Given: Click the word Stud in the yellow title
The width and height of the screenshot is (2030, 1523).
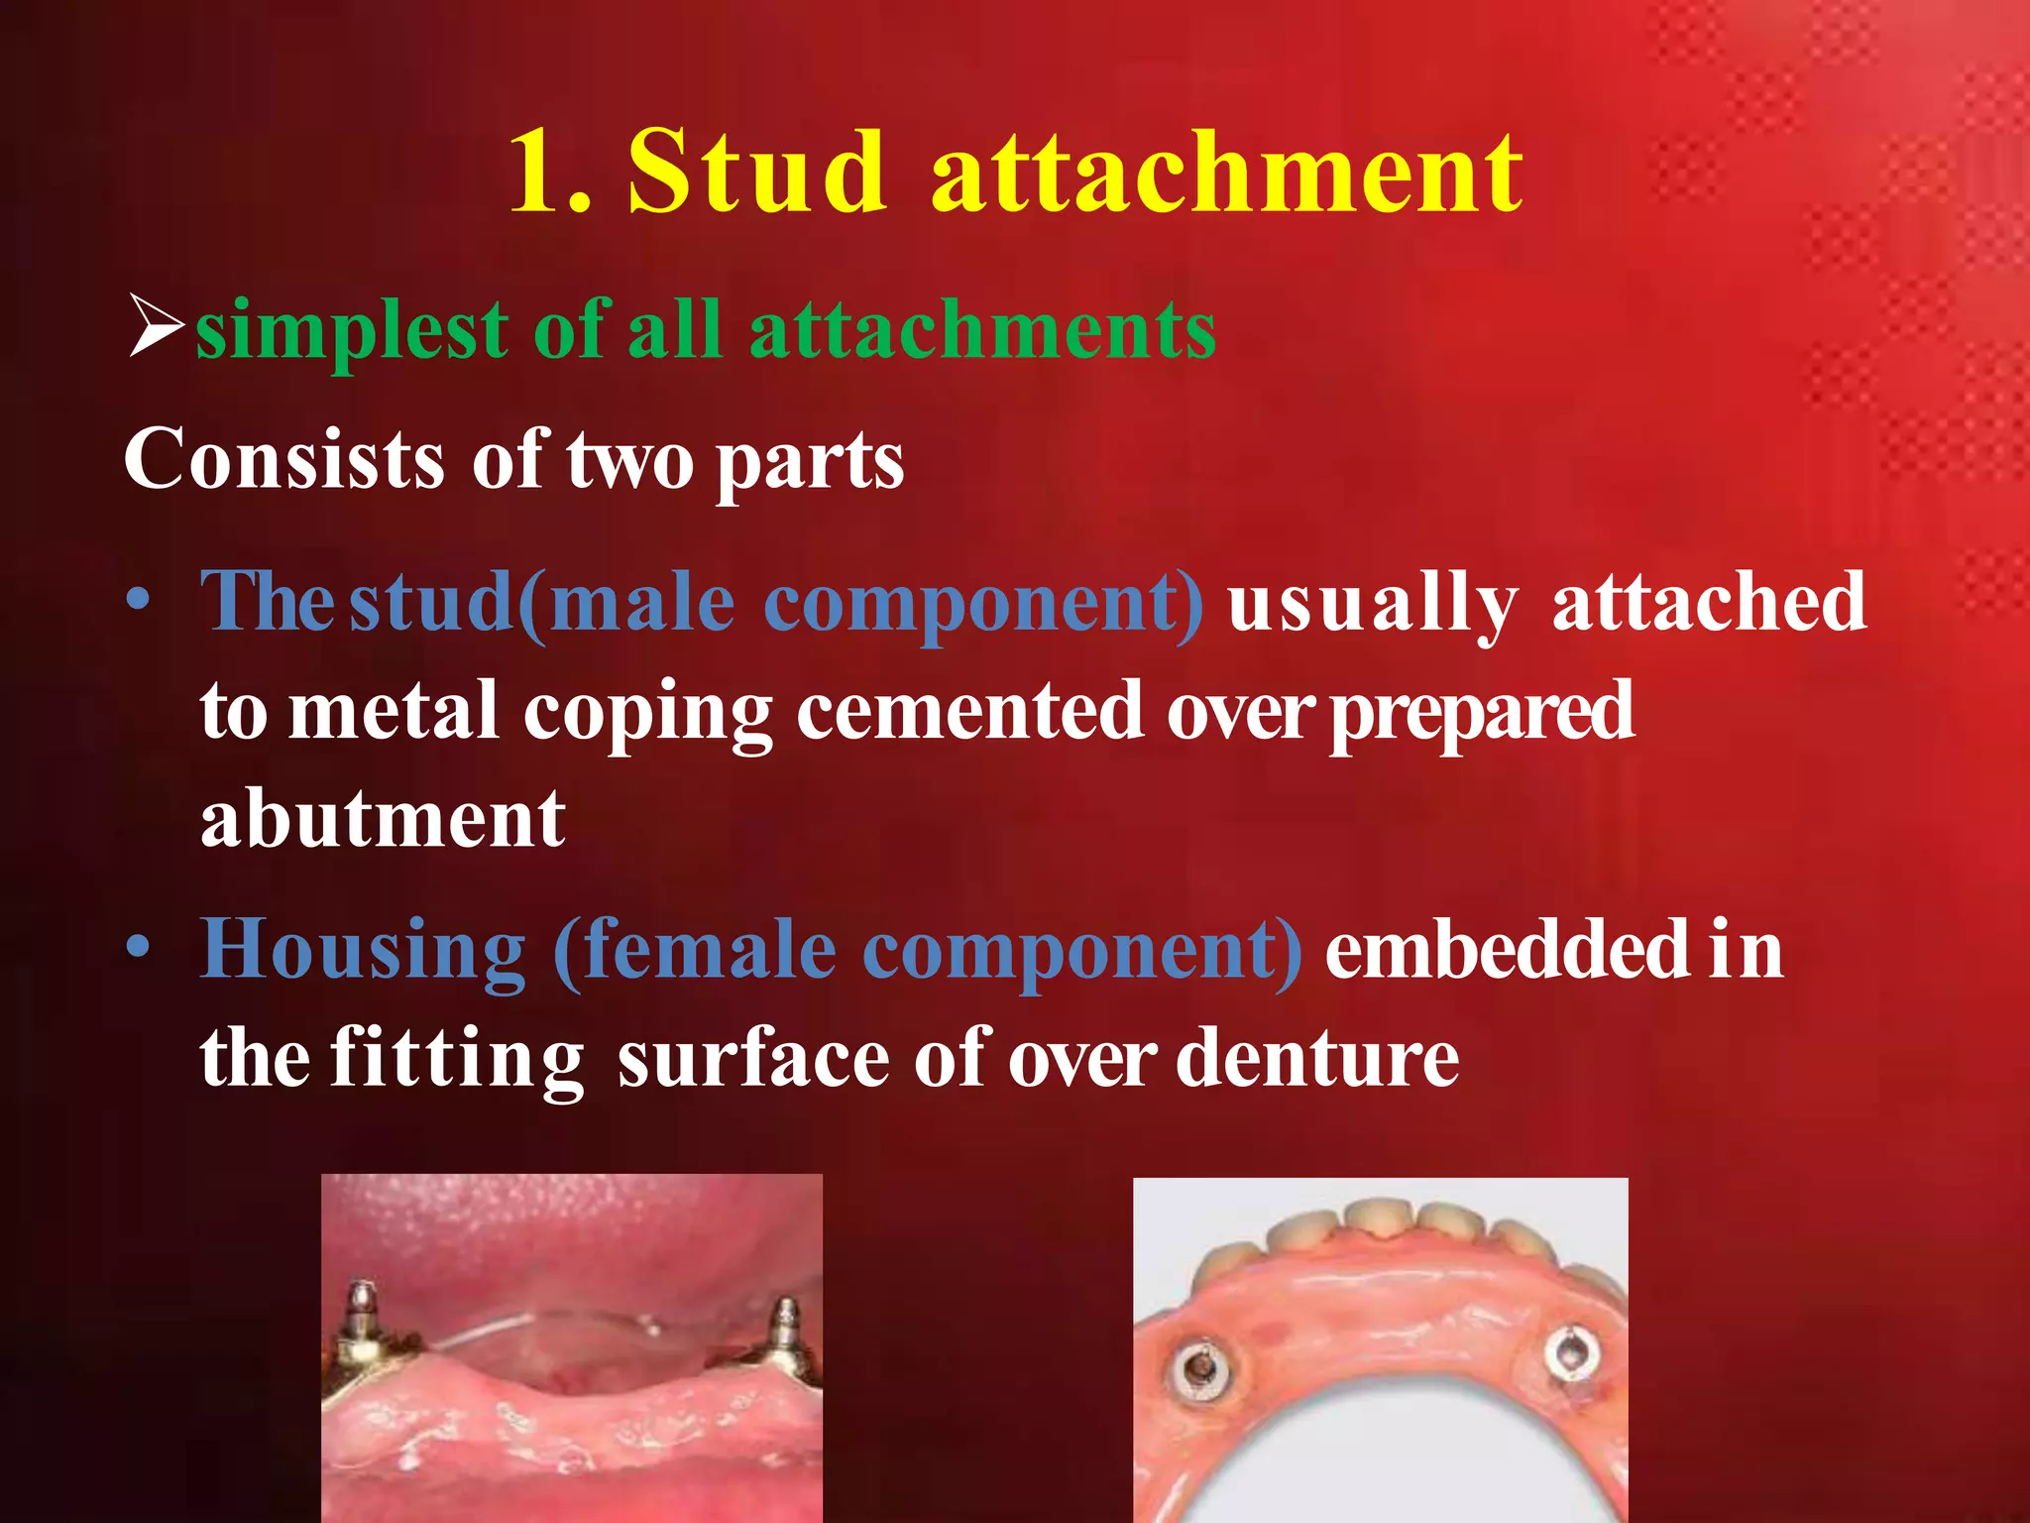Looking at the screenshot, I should tap(756, 173).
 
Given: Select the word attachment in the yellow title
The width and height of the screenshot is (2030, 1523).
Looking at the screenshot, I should tap(1227, 173).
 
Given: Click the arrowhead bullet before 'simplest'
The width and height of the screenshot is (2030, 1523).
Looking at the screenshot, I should tap(157, 327).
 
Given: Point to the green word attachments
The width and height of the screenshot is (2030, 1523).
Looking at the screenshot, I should tap(982, 329).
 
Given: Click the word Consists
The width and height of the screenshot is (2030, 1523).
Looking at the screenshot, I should tap(284, 460).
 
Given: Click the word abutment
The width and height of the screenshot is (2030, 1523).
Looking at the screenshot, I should tap(383, 821).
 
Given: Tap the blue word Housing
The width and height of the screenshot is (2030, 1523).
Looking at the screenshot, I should tap(363, 951).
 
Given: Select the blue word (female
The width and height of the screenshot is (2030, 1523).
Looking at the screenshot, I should tap(695, 949).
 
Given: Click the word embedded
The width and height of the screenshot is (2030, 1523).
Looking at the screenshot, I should tap(1507, 949).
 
